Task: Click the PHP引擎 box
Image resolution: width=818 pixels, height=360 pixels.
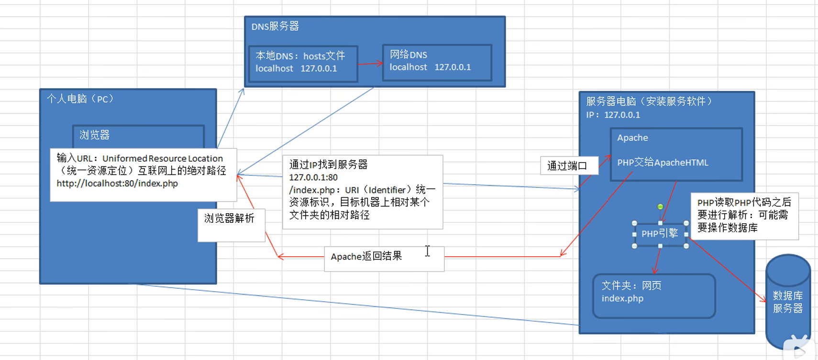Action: pos(660,234)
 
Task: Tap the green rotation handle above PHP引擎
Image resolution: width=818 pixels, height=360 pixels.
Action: pos(660,207)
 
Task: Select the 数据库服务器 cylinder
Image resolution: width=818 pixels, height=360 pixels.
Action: pos(788,302)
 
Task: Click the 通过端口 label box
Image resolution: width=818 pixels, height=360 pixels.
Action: pos(569,166)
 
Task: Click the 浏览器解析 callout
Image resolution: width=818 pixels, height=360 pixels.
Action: pos(232,225)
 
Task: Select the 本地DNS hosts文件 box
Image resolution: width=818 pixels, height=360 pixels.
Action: pos(303,64)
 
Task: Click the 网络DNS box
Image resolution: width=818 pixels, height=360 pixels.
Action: pos(437,63)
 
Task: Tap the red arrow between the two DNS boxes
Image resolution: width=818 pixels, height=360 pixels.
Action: pos(370,64)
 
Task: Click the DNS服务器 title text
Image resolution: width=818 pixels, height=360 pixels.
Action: pos(275,26)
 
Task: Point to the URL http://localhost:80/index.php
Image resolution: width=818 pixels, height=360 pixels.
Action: pos(117,183)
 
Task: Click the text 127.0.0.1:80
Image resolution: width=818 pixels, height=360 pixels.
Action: pos(313,177)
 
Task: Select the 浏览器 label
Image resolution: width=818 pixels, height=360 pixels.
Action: pos(95,135)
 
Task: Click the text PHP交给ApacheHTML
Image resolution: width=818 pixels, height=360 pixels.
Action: pos(663,163)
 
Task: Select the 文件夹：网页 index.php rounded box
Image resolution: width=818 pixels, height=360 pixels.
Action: pos(654,296)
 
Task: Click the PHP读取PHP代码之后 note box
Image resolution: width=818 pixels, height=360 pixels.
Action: pos(744,216)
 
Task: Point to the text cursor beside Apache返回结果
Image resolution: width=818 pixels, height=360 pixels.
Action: pos(428,251)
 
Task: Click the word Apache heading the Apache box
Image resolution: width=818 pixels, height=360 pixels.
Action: pos(632,138)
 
